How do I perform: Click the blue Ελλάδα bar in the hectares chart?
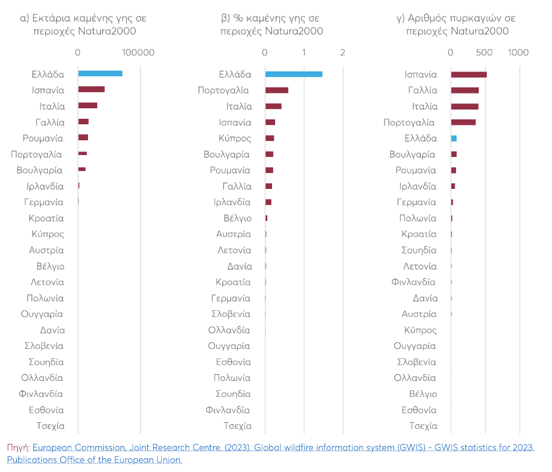pos(100,74)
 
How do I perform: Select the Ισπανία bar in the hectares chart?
pos(91,90)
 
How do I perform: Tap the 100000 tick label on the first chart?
pos(138,53)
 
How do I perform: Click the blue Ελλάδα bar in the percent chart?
pos(294,74)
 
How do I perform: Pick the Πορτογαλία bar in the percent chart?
pos(276,90)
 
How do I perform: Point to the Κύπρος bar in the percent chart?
pos(270,138)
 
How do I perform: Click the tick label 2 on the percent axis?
pos(343,53)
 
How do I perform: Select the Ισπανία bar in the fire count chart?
pos(468,74)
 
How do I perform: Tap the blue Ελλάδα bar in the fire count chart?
pos(454,138)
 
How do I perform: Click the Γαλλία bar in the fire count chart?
pos(465,90)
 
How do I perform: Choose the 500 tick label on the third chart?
pos(485,53)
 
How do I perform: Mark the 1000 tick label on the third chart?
pos(518,53)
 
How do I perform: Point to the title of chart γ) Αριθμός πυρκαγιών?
pos(456,25)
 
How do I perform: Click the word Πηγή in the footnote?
pos(18,447)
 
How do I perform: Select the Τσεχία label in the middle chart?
pos(238,426)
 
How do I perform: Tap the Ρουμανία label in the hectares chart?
pos(43,138)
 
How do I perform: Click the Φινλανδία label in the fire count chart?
pos(413,282)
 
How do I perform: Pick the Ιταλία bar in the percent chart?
pos(273,106)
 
